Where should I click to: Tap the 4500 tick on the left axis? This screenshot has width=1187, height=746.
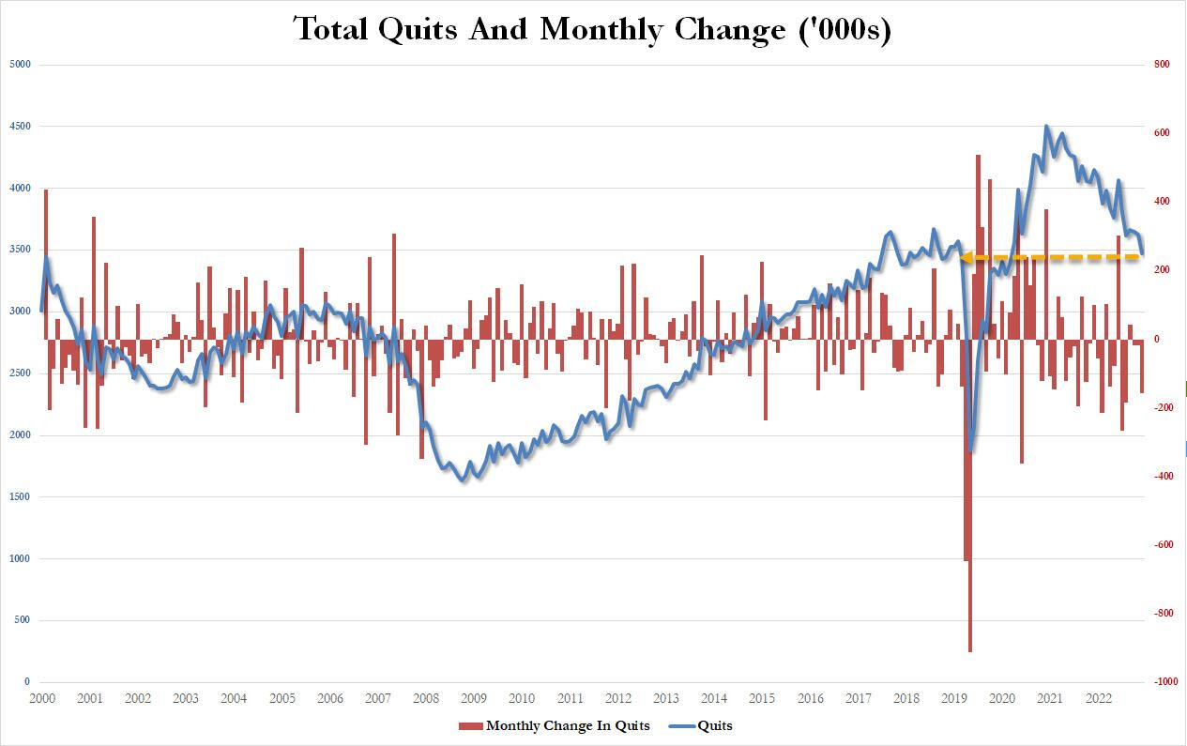click(19, 127)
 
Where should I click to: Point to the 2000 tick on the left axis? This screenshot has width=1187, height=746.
click(19, 435)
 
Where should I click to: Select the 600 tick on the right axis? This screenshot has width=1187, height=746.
click(1162, 133)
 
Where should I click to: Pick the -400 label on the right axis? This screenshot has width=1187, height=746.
click(1164, 477)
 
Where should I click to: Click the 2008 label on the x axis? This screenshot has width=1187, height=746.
click(425, 699)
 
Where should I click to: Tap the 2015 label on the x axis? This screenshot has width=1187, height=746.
click(762, 699)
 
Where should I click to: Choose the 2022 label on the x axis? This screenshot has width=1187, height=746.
click(1098, 699)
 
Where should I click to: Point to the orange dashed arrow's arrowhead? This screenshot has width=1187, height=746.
click(964, 257)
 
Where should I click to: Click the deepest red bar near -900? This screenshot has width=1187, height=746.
click(970, 647)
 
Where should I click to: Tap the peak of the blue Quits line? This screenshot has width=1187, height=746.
click(1046, 127)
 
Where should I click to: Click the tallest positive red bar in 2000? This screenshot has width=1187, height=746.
click(46, 191)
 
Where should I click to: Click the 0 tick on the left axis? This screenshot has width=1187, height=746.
click(26, 682)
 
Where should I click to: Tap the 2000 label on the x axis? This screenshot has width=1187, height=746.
click(41, 699)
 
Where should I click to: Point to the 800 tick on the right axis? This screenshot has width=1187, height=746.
click(1162, 65)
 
